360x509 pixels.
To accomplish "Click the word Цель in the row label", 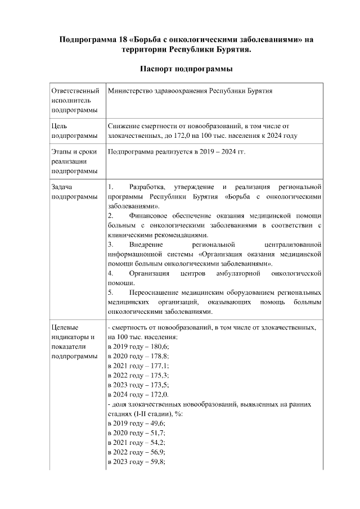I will click(60, 127).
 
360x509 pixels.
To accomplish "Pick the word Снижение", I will click(124, 127).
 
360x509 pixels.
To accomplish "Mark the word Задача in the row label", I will click(63, 186).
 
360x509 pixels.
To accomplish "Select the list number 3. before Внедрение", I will click(111, 245).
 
